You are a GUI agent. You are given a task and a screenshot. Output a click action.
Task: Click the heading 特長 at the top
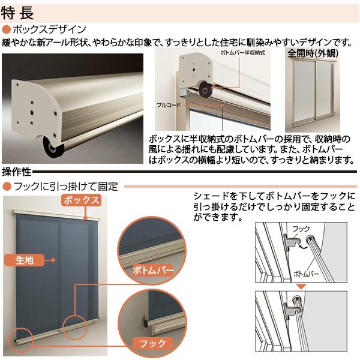tap(19, 11)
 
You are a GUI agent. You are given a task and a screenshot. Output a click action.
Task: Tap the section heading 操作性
tap(17, 172)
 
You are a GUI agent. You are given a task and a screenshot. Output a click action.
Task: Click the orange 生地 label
tap(25, 260)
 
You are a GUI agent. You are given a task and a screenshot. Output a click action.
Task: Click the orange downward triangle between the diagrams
tap(302, 286)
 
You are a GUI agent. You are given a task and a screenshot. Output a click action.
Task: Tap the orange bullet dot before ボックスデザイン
tap(6, 29)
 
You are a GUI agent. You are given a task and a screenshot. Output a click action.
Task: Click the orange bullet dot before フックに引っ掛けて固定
tap(6, 187)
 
